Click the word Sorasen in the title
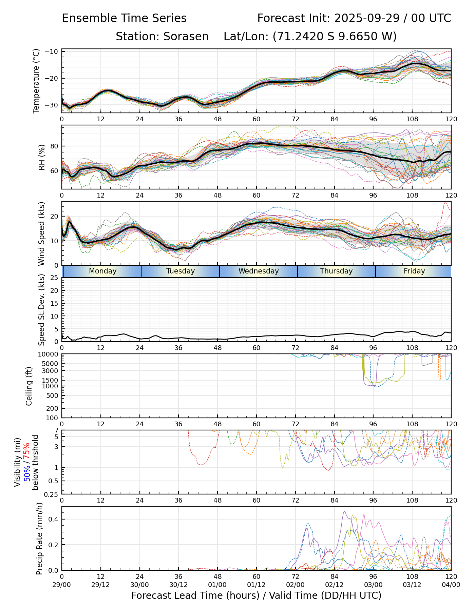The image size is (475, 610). [186, 37]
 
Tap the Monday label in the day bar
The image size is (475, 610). [102, 271]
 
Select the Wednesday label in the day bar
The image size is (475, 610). [259, 271]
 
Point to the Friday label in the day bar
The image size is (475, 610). [414, 271]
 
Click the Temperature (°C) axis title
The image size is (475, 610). [36, 81]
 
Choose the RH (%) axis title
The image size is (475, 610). [42, 157]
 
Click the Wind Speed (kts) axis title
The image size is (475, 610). [42, 233]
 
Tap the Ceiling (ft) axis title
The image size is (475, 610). [29, 386]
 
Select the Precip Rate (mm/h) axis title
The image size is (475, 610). [40, 538]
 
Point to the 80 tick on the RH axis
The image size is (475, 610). [55, 146]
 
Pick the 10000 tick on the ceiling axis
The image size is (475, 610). [50, 354]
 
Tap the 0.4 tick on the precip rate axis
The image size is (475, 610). [54, 520]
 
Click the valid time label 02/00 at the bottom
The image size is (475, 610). [295, 585]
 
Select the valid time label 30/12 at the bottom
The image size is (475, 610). [178, 585]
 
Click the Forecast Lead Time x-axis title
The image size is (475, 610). [256, 596]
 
